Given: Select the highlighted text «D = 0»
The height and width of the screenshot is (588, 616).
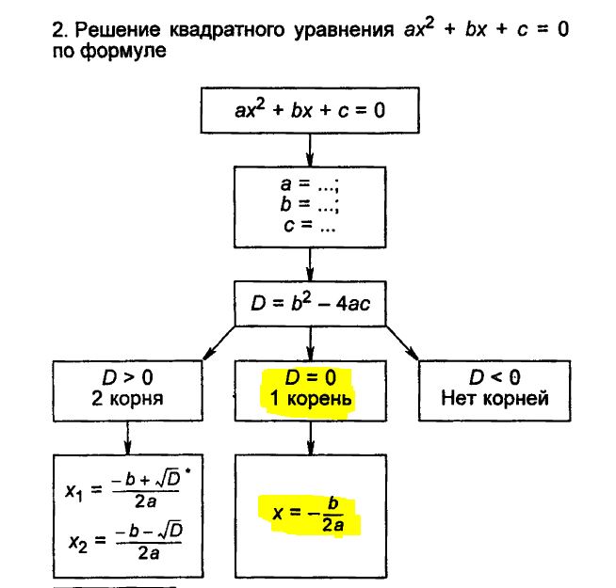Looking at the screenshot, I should [309, 378].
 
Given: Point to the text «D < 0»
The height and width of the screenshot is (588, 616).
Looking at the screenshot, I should [494, 378].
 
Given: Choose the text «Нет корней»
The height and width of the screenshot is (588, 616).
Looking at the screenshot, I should [494, 398].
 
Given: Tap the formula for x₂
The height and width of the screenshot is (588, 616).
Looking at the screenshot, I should [125, 541].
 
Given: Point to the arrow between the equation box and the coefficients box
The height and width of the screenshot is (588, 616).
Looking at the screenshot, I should [310, 149].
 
